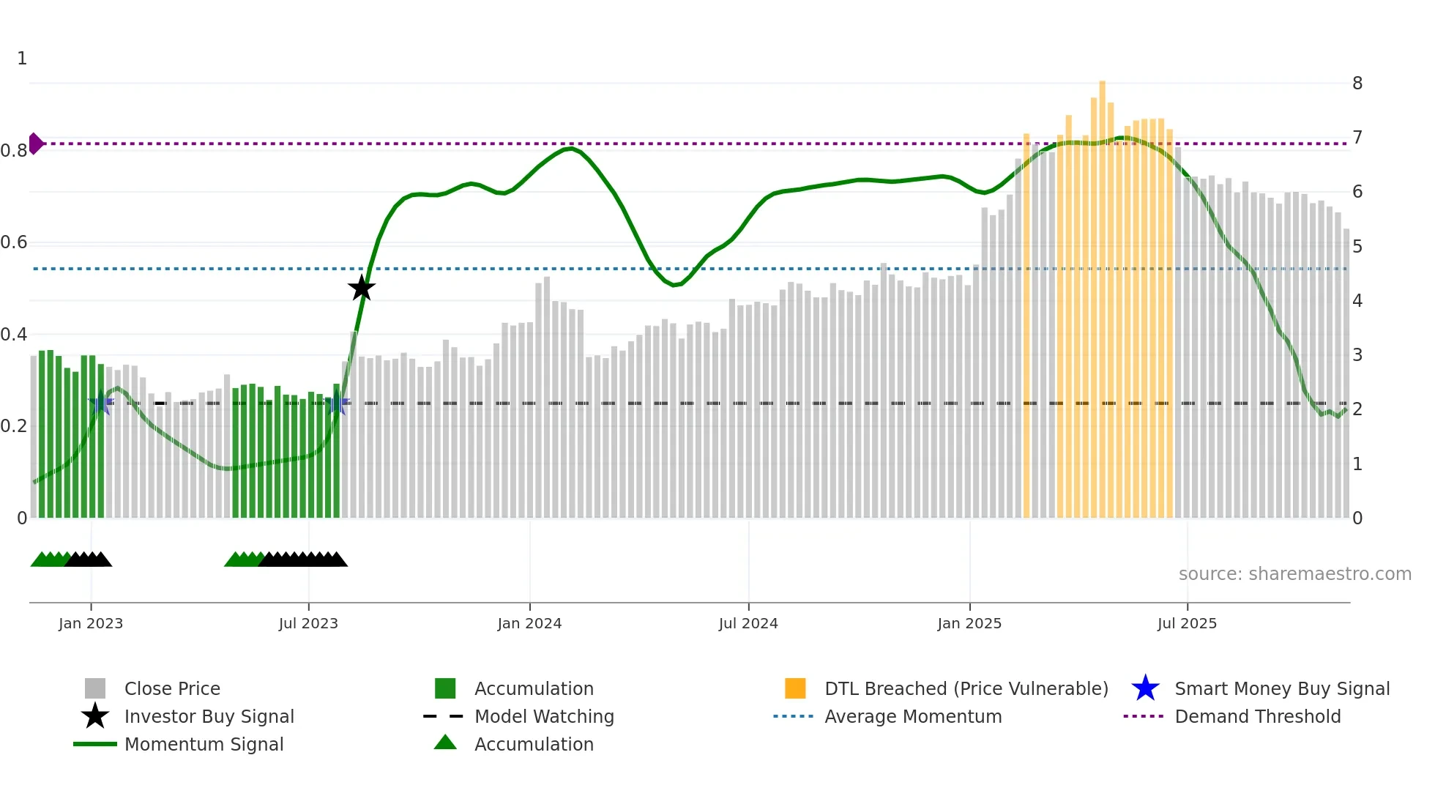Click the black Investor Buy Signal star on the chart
click(361, 289)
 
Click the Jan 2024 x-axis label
click(529, 623)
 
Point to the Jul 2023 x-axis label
click(308, 623)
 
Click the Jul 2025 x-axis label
click(1187, 623)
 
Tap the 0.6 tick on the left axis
click(14, 242)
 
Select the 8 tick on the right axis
click(1357, 83)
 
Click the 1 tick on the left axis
click(22, 59)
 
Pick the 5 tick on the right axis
click(1357, 247)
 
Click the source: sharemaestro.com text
click(1294, 574)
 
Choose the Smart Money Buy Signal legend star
click(1145, 688)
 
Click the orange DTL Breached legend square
click(795, 688)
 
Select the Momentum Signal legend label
click(204, 744)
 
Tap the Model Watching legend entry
click(543, 716)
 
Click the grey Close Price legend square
click(95, 688)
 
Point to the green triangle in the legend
click(445, 743)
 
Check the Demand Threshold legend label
click(1257, 716)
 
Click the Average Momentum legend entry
click(912, 716)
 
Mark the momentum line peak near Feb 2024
click(570, 149)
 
